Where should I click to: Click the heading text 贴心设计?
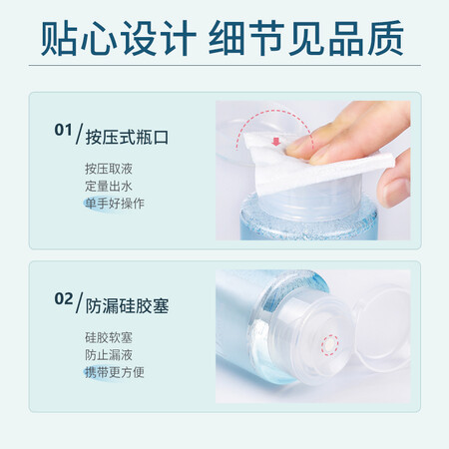(x=119, y=38)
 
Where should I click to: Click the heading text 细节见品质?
(x=306, y=38)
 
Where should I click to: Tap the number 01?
(x=63, y=130)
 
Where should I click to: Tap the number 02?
(x=64, y=298)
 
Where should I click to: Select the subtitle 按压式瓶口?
(x=127, y=138)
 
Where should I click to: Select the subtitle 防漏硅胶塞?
(x=127, y=306)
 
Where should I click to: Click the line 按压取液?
(x=109, y=169)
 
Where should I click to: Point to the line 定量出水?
(x=109, y=187)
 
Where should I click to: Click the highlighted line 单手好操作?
(x=115, y=204)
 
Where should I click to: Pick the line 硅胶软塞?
(x=109, y=338)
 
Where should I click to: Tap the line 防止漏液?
(x=109, y=355)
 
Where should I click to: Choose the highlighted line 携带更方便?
(x=115, y=372)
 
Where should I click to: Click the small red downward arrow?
(x=276, y=142)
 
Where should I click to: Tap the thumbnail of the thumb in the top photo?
(x=397, y=191)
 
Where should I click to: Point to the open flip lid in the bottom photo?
(x=382, y=327)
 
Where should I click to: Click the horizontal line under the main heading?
(x=224, y=65)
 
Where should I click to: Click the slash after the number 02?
(x=79, y=302)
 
